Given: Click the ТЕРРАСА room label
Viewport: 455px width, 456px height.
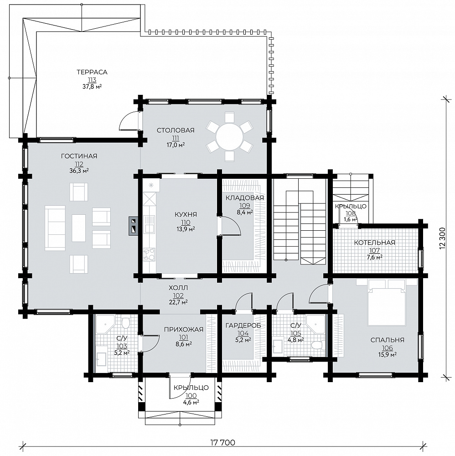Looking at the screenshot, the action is (92, 72).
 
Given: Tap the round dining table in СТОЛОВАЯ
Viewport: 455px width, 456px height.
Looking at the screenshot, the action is (229, 137).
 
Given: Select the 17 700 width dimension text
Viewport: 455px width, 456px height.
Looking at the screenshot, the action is (222, 443).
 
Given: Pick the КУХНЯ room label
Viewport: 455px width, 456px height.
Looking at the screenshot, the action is (186, 215).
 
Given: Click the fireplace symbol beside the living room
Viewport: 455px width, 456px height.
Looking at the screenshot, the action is (133, 226).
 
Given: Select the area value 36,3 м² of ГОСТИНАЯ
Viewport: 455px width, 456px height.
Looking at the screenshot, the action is (79, 171).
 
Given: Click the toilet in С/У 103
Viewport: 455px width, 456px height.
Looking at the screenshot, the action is (125, 322).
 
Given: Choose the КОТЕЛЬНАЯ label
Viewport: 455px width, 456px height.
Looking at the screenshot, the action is (374, 243).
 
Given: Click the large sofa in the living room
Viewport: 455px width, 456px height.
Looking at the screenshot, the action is (55, 228).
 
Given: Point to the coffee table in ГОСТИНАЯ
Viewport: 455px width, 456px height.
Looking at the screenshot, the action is (79, 228).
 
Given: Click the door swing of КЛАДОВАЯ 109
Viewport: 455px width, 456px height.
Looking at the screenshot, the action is (231, 225).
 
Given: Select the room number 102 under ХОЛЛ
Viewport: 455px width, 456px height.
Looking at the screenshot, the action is (178, 296).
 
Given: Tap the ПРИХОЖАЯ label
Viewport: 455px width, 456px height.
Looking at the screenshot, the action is (183, 330).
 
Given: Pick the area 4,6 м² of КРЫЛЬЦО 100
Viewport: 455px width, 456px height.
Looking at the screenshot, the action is (191, 403).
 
